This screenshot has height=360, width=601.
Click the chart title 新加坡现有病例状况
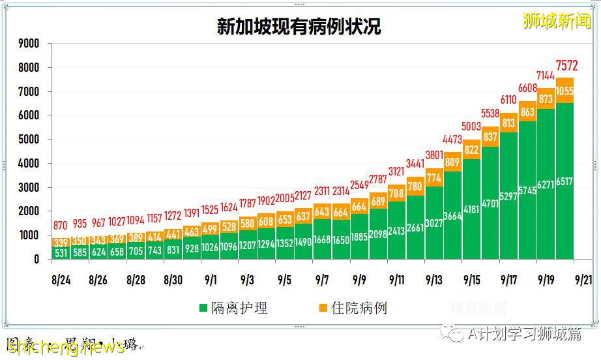pyautogui.click(x=299, y=26)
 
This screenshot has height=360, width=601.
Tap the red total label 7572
pyautogui.click(x=565, y=65)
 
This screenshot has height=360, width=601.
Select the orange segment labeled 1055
pyautogui.click(x=564, y=91)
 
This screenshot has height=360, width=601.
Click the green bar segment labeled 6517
pyautogui.click(x=564, y=183)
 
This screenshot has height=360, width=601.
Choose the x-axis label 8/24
pyautogui.click(x=61, y=280)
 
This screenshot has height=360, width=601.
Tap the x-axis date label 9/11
pyautogui.click(x=396, y=280)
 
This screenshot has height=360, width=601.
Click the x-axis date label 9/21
pyautogui.click(x=583, y=280)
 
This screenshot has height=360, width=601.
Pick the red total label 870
pyautogui.click(x=61, y=225)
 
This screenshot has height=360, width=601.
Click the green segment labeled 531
pyautogui.click(x=61, y=252)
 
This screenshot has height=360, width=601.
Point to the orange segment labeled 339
pyautogui.click(x=61, y=241)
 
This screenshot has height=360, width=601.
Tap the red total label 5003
pyautogui.click(x=471, y=127)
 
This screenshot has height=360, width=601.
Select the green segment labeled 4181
pyautogui.click(x=471, y=210)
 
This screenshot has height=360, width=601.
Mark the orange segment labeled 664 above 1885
pyautogui.click(x=359, y=206)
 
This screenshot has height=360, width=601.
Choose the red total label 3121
pyautogui.click(x=396, y=171)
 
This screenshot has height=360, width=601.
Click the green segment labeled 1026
pyautogui.click(x=210, y=248)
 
